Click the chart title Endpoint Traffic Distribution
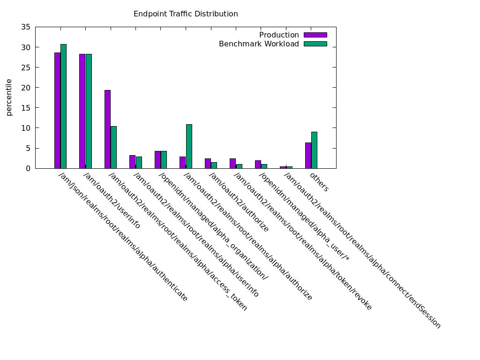point(186,14)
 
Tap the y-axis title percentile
point(9,97)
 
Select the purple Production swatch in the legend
point(315,35)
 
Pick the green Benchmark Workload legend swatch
point(315,44)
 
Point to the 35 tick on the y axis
point(26,28)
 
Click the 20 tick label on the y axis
point(26,88)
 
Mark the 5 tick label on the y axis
point(28,148)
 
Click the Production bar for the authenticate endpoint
point(57,110)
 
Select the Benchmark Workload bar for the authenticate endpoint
point(63,106)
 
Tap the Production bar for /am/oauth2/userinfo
point(82,111)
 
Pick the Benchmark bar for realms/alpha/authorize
point(189,146)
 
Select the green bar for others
point(314,150)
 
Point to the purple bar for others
point(308,155)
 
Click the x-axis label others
point(319,182)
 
